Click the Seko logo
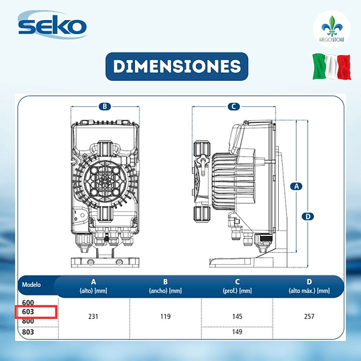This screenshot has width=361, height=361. click(x=52, y=25)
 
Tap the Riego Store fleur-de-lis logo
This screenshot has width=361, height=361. click(x=332, y=29)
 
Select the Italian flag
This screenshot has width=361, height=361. click(x=332, y=67)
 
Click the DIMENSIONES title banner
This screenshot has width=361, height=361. click(x=176, y=67)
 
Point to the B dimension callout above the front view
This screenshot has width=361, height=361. click(x=105, y=106)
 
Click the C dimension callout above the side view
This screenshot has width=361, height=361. click(x=234, y=106)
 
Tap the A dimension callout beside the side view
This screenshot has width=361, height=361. click(x=296, y=187)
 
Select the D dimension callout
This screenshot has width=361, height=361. click(x=308, y=217)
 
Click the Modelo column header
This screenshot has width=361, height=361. click(x=31, y=285)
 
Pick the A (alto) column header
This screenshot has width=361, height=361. click(x=93, y=286)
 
